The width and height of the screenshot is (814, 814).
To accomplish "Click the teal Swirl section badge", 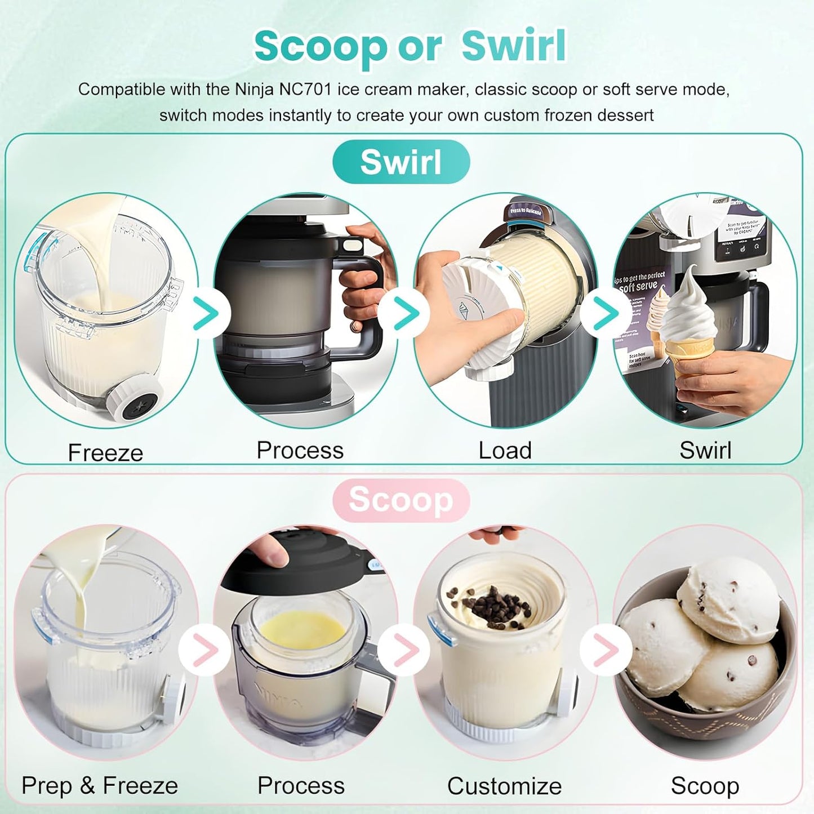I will [401, 162].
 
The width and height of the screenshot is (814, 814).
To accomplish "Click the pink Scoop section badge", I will [401, 500].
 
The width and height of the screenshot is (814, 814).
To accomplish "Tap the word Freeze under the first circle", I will [105, 453].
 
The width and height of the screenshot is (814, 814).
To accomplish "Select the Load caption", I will [505, 451].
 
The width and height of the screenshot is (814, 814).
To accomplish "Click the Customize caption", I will [504, 786].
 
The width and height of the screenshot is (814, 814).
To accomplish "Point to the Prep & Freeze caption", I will [100, 785].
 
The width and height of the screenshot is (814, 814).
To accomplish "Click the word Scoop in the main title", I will [320, 46].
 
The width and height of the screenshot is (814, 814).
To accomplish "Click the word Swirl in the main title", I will [514, 46].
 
